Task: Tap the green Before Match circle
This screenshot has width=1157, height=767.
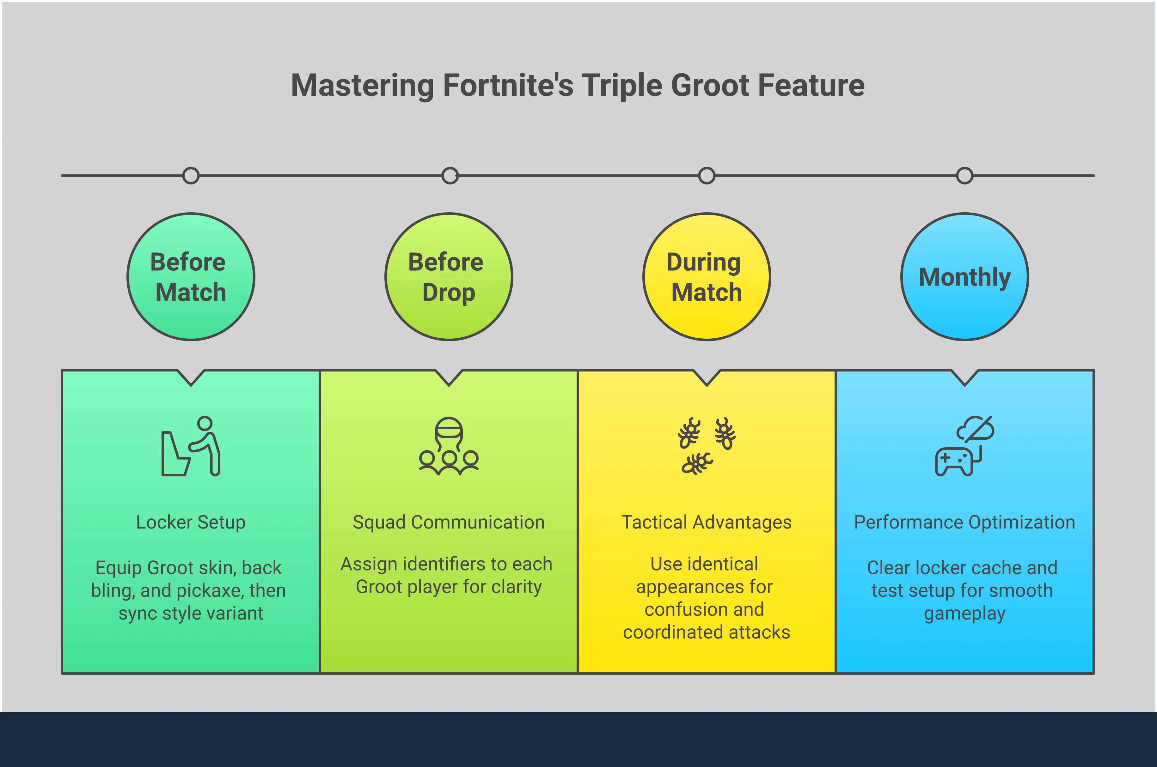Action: tap(191, 277)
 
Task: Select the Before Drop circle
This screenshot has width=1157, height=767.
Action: tap(449, 277)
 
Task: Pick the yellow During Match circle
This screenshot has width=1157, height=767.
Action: tap(707, 277)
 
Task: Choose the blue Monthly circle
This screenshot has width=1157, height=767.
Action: tap(965, 277)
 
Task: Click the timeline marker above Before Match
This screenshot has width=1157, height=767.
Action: tap(191, 176)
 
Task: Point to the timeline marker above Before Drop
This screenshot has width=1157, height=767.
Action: tap(450, 176)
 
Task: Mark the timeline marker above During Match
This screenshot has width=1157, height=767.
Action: tap(707, 176)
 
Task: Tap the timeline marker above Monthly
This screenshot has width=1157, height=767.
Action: tap(965, 176)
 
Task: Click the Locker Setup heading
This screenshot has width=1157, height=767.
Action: tap(191, 522)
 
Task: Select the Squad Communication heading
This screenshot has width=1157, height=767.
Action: tap(449, 522)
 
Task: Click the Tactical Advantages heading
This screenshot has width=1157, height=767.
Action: tap(707, 522)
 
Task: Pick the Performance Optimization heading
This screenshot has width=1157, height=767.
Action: tap(965, 522)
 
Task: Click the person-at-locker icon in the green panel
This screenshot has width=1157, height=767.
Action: tap(191, 446)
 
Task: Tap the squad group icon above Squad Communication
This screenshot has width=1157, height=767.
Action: tap(449, 446)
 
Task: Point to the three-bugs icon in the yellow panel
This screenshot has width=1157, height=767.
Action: tap(707, 446)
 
